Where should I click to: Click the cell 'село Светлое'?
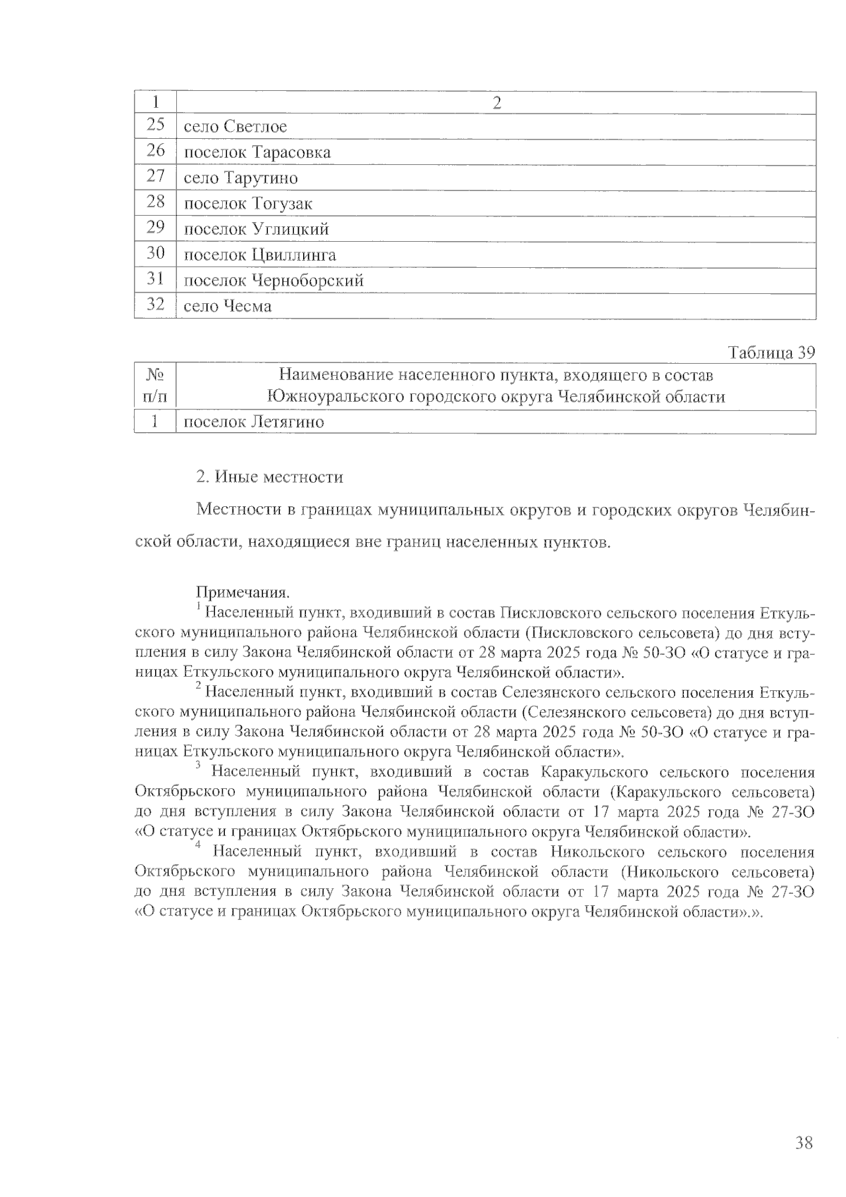[235, 127]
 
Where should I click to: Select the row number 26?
[155, 152]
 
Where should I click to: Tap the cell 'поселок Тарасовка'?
[257, 153]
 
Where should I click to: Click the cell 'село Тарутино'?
[240, 178]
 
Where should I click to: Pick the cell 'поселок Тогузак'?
[247, 204]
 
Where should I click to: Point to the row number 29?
[155, 228]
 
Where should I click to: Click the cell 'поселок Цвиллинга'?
[259, 255]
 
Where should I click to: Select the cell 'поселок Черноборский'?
[274, 281]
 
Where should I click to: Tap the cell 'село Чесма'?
[227, 307]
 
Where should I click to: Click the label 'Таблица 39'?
[771, 353]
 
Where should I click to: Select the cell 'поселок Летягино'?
[254, 423]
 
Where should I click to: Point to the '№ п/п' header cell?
[155, 386]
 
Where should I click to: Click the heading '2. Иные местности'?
[269, 477]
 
